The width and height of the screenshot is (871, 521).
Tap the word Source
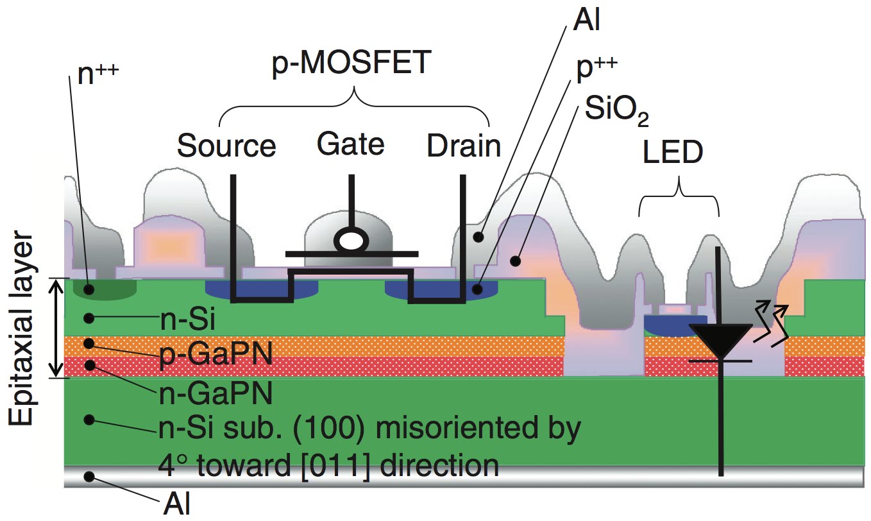[x=226, y=146]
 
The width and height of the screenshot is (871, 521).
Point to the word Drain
[x=464, y=146]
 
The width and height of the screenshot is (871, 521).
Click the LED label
[x=673, y=154]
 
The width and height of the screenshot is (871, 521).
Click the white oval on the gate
[x=351, y=240]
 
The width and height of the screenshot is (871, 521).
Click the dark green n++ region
[x=105, y=288]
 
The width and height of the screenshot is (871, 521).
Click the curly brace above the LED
[x=679, y=192]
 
